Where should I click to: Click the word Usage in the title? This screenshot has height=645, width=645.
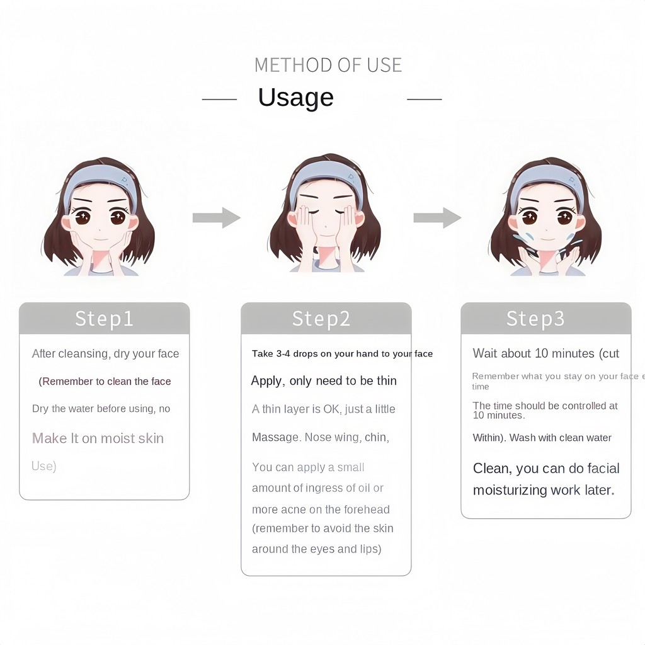(296, 98)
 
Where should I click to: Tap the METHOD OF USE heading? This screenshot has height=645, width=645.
(328, 65)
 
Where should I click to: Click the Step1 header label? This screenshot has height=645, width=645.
(104, 319)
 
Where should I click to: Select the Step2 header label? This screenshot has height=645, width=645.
(321, 319)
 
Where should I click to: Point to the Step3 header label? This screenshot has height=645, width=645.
(535, 319)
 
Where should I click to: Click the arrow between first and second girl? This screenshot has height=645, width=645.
(217, 217)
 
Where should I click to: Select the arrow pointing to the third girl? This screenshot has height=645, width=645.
(437, 217)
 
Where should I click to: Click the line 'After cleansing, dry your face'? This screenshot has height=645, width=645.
(105, 354)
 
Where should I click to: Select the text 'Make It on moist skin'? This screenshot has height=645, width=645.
(98, 438)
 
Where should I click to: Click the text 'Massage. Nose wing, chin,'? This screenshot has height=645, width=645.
(321, 437)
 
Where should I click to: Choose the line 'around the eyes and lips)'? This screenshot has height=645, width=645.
(317, 549)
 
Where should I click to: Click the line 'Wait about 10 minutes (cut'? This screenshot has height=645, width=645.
(546, 353)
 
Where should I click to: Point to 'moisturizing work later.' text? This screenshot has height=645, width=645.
(544, 490)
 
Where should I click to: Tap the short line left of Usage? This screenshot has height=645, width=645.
(219, 99)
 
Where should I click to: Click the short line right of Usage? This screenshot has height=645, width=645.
(424, 99)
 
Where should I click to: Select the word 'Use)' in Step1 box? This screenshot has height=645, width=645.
(44, 466)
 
